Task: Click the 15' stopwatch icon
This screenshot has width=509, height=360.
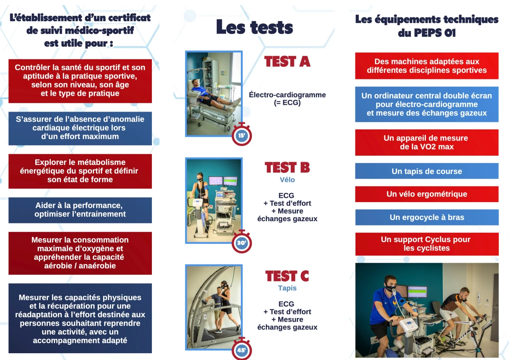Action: coord(241,135)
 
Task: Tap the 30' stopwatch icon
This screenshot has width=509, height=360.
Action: coord(241,242)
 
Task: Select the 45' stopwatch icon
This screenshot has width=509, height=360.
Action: coord(241,349)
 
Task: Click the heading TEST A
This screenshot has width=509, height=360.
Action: coord(287,62)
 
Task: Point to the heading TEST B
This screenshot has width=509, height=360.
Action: coord(287,168)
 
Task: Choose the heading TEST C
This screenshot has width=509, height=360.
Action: coord(287,276)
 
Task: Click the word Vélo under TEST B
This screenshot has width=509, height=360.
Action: coord(287,180)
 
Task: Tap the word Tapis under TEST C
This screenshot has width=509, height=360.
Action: coord(287,288)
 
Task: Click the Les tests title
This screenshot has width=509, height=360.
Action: coord(255,27)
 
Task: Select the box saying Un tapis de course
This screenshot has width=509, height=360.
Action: coord(427,171)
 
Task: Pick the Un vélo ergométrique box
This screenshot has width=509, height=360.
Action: coord(427,194)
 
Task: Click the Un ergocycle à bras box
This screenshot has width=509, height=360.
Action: coord(427,217)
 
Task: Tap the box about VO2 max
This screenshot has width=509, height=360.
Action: coord(427,142)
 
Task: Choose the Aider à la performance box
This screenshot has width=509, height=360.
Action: coord(80,210)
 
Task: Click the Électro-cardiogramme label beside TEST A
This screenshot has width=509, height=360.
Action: coord(287,98)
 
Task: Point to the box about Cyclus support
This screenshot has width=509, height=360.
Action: coord(427,244)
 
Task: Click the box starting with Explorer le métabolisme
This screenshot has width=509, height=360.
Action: coord(80,171)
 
